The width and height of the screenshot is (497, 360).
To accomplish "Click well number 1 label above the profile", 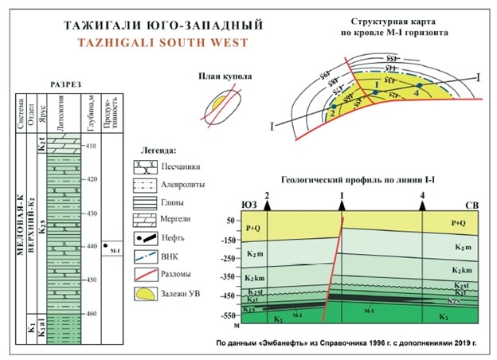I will click(342, 194).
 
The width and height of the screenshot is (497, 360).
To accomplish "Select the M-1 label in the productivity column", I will click(115, 249).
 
